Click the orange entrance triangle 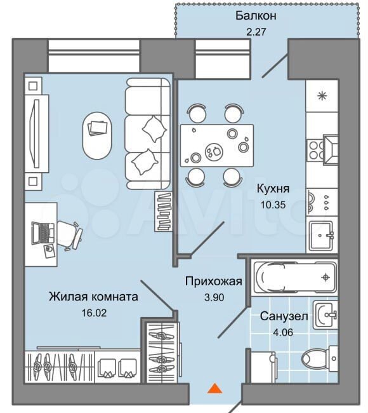(x=215, y=388)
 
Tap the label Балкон (x=256, y=16)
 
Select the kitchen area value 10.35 (x=273, y=205)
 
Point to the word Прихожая (x=213, y=281)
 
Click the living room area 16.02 (x=94, y=313)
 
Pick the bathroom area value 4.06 (x=283, y=332)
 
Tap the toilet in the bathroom (x=319, y=358)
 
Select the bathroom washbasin (x=325, y=315)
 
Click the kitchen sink (x=322, y=235)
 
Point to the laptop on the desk (x=43, y=233)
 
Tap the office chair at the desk (x=70, y=235)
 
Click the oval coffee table (x=97, y=135)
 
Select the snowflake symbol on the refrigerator (x=322, y=95)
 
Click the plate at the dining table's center (x=214, y=152)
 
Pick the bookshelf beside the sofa (x=163, y=212)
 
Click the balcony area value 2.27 (x=256, y=32)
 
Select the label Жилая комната (x=93, y=297)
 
